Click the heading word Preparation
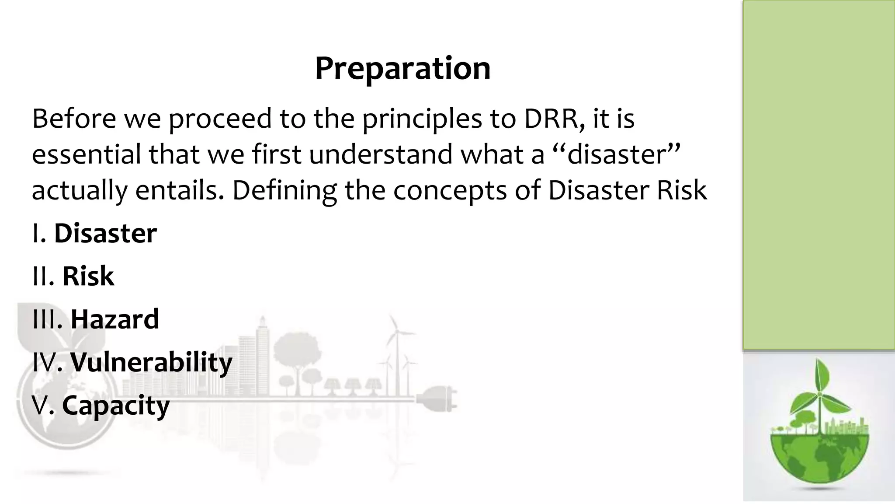coord(402,69)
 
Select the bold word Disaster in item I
coord(105,233)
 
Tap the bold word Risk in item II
coord(88,276)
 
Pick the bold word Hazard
coord(114,319)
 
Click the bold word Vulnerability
coord(151,362)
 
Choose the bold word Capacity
coord(115,405)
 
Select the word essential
coord(87,154)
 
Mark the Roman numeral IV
coord(44,362)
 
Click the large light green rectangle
coord(819,175)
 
